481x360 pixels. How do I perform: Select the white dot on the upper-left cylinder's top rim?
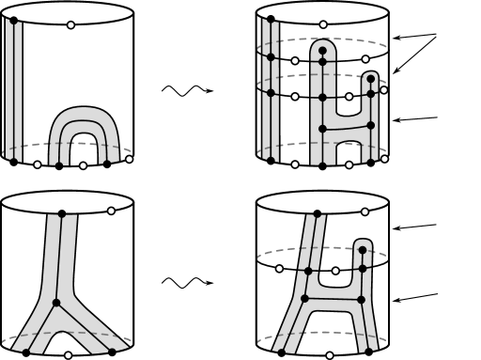coord(71,24)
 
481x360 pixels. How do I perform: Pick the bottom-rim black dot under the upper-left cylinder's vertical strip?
coord(13,162)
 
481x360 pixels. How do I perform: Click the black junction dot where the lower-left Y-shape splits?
coord(56,303)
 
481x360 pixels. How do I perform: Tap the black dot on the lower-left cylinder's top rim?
coord(62,213)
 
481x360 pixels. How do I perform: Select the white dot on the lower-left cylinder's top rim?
coord(112,211)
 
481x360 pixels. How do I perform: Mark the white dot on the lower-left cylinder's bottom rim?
coord(68,356)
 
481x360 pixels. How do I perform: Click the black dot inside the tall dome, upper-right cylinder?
coord(323,50)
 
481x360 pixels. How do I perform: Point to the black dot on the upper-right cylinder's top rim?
coord(272,19)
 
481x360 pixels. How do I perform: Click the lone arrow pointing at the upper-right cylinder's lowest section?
coord(419,118)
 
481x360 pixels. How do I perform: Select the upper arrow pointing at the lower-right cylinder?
coord(417,227)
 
